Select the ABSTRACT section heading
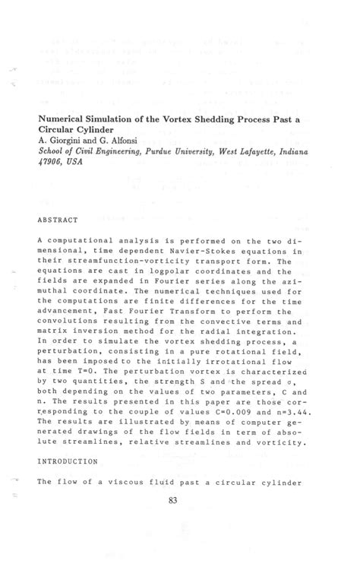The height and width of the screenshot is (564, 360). point(58,220)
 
